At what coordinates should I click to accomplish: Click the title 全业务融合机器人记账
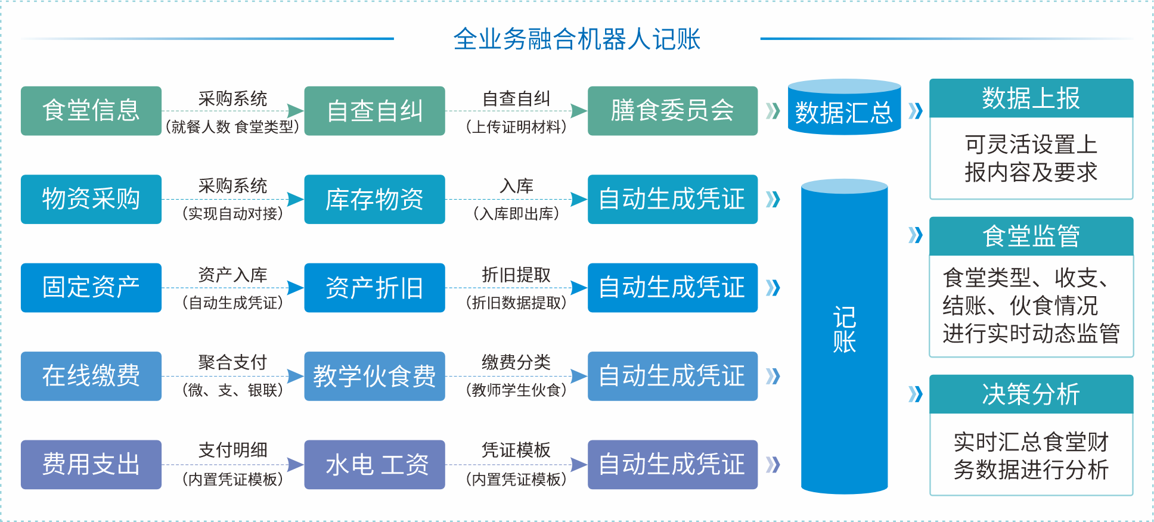(x=576, y=39)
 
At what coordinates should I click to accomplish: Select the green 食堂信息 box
(x=91, y=111)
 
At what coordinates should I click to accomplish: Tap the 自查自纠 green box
(x=374, y=111)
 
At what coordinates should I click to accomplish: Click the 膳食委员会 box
(x=672, y=111)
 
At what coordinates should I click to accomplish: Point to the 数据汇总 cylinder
(x=844, y=111)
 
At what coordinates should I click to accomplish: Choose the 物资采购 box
(x=91, y=199)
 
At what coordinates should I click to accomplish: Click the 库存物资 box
(x=374, y=199)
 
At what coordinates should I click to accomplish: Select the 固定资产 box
(x=91, y=287)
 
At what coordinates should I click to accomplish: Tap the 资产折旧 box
(x=374, y=287)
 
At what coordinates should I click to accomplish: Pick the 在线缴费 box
(x=91, y=376)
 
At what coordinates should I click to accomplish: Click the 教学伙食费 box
(x=374, y=376)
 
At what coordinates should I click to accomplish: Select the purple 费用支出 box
(x=91, y=464)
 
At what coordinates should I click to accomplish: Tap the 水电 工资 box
(x=374, y=464)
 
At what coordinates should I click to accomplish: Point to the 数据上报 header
(x=1031, y=98)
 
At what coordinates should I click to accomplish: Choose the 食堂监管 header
(x=1031, y=236)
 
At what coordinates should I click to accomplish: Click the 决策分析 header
(x=1031, y=394)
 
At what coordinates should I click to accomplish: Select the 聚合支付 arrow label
(x=232, y=362)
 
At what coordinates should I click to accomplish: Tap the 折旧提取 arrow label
(x=516, y=274)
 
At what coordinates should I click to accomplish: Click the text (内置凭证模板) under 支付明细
(x=232, y=479)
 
